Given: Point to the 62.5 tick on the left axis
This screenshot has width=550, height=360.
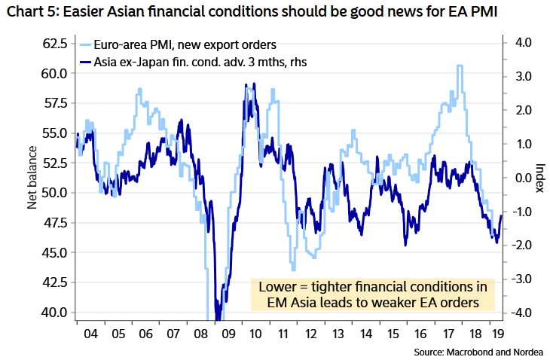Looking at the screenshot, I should [55, 43].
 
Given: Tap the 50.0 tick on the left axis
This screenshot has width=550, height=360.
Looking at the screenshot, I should [55, 192].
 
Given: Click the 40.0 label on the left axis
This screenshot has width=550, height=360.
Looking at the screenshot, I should [55, 311].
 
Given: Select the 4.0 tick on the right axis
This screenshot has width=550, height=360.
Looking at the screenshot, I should [520, 43].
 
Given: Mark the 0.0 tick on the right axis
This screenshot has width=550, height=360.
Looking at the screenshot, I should [520, 178].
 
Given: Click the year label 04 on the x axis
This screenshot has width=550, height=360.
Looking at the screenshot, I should [88, 333].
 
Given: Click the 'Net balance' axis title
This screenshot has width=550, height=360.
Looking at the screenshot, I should [33, 178].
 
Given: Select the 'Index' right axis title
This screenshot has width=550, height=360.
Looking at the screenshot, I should [539, 178].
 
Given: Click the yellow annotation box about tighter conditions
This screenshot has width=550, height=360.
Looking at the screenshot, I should [373, 295].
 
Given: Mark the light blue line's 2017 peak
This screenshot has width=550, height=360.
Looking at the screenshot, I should [460, 66].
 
